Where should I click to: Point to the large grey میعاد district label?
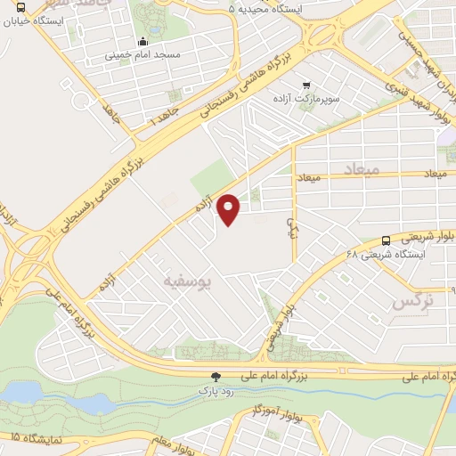[x=361, y=167]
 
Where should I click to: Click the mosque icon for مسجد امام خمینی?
[x=143, y=41]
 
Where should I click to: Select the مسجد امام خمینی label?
[x=143, y=53]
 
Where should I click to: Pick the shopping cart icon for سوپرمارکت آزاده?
[x=307, y=85]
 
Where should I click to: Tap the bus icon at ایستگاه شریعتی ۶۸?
[x=386, y=240]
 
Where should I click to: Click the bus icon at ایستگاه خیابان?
[x=20, y=8]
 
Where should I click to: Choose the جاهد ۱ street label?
[x=163, y=115]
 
